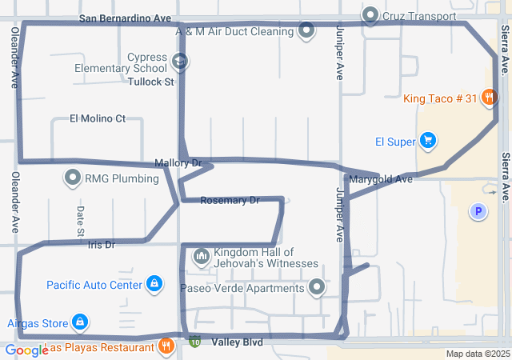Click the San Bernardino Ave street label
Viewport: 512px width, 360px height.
tap(126, 18)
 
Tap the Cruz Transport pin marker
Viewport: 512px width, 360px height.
tap(370, 15)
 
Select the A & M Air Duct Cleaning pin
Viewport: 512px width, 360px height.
tap(306, 31)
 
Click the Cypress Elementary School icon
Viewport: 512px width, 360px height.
tap(180, 61)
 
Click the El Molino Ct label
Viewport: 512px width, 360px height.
tap(98, 118)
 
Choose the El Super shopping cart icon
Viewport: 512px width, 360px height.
tap(428, 142)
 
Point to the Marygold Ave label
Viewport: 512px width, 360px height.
tap(380, 179)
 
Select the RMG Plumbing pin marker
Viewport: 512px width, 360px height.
tap(74, 178)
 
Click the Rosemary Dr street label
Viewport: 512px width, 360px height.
tap(230, 200)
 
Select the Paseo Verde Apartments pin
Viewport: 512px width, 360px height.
tap(318, 287)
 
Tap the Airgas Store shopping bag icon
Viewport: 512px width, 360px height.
tap(79, 322)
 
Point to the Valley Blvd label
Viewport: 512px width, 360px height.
tap(237, 342)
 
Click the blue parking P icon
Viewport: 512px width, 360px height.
tap(478, 211)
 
